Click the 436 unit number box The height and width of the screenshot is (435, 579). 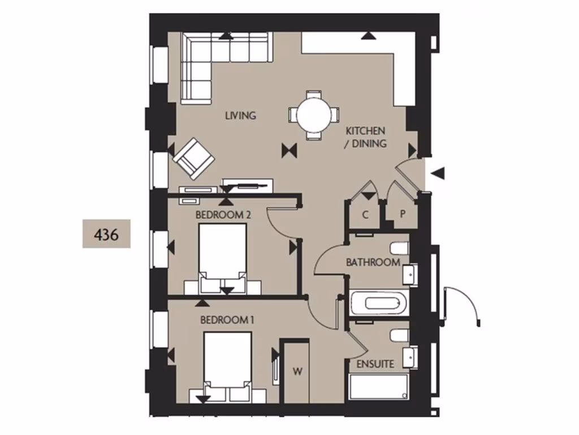[x=106, y=233]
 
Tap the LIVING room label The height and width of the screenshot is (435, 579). [x=240, y=116]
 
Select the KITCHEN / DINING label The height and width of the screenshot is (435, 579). [x=366, y=137]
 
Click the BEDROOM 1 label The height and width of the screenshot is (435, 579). [x=227, y=320]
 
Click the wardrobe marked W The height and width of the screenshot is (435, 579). [x=297, y=372]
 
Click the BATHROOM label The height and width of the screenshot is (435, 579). [x=373, y=262]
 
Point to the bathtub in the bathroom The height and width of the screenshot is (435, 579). [x=379, y=304]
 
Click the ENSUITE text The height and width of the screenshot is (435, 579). [x=375, y=364]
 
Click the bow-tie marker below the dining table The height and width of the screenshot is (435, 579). [x=289, y=150]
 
